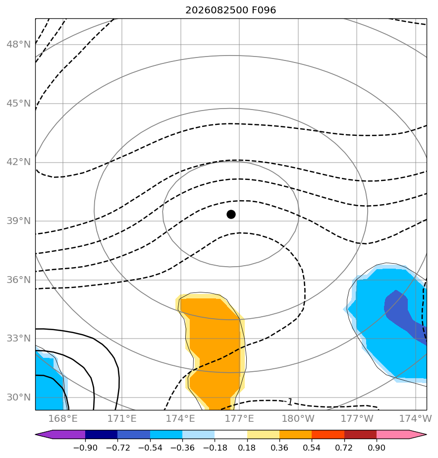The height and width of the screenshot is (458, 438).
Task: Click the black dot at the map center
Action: pos(231,215)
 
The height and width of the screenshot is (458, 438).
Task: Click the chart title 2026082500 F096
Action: pos(231,10)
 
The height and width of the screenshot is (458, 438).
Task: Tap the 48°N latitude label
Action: pos(18,45)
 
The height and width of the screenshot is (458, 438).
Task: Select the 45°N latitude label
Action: pos(18,104)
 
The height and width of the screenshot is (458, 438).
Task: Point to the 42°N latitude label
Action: pos(18,162)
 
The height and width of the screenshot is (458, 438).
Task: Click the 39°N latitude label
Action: pos(18,221)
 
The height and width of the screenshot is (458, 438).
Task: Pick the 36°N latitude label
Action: pos(18,280)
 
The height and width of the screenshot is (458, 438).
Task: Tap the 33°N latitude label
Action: pos(18,338)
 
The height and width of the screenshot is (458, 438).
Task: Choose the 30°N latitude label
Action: pos(18,397)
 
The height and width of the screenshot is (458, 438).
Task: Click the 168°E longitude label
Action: pos(63,418)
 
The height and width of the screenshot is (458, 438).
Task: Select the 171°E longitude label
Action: pos(122,418)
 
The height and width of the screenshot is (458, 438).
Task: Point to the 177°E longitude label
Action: pos(239,418)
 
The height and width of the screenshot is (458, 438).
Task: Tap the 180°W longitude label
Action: pos(298,418)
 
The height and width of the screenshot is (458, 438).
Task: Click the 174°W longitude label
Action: pos(415,418)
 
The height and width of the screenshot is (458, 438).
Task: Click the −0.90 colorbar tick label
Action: pos(85,448)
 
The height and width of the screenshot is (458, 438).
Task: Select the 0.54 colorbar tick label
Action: pos(312,448)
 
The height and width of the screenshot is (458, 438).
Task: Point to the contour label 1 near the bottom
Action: pos(290,402)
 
